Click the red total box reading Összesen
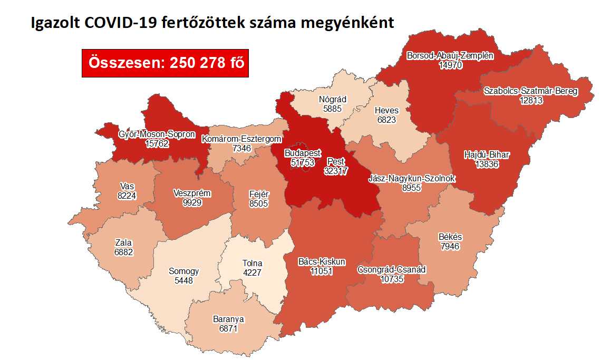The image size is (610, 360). [x=165, y=63]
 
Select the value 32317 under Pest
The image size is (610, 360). [x=336, y=171]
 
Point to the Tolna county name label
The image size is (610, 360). [x=252, y=264]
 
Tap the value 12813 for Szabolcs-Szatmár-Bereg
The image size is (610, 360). [x=530, y=100]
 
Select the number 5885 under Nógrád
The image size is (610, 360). [x=333, y=109]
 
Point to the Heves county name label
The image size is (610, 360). [x=386, y=111]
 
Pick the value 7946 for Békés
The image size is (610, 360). [x=450, y=246]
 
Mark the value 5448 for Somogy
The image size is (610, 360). [x=184, y=281]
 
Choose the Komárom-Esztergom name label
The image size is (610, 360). [x=243, y=139]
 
